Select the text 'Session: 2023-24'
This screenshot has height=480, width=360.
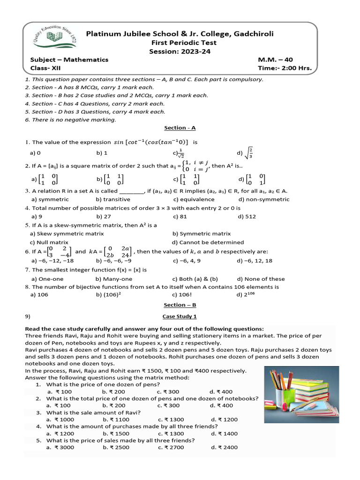(x=180, y=52)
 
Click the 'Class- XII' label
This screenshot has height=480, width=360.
(x=46, y=68)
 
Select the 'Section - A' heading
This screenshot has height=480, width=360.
(x=180, y=128)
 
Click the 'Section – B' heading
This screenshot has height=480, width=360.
(x=180, y=305)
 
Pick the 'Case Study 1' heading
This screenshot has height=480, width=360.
(x=180, y=316)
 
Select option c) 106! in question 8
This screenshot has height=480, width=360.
(x=184, y=295)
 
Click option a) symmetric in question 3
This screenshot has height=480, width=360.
(x=49, y=199)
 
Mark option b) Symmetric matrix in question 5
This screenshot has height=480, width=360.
(x=202, y=233)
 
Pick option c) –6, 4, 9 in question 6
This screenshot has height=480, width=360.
(x=187, y=261)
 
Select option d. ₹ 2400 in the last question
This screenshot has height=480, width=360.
(x=224, y=448)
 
